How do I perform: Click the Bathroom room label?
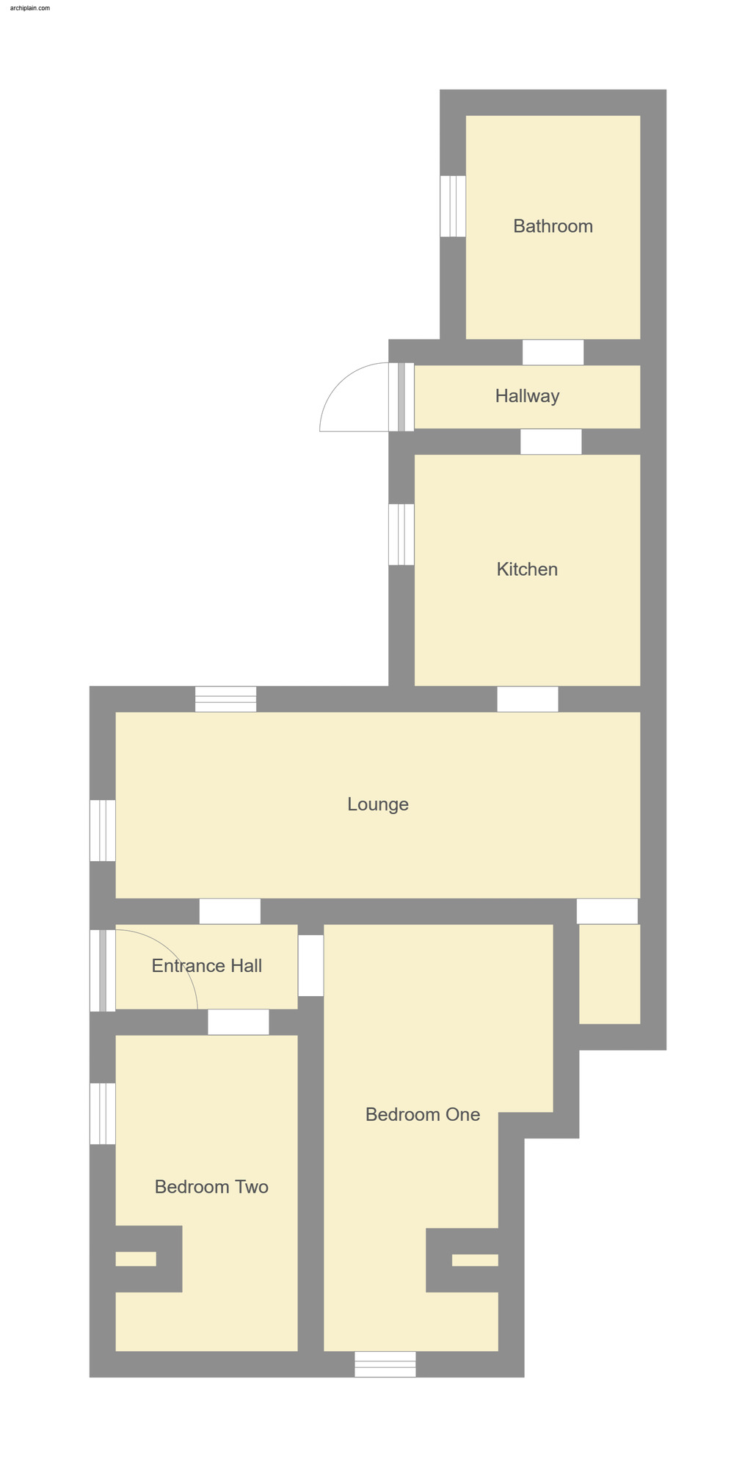553,226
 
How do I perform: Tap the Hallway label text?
527,396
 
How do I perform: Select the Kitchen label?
527,569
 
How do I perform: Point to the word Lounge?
378,804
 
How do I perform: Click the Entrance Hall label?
206,966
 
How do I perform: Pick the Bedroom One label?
423,1114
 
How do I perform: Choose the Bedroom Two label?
211,1187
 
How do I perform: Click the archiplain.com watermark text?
30,8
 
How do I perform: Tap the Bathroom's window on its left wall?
453,206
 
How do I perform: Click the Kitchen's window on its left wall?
401,534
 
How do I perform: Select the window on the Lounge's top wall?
226,699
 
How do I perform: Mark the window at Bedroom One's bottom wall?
385,1364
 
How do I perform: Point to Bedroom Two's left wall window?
103,1113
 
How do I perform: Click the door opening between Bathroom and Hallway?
553,352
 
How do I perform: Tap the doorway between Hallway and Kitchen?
551,442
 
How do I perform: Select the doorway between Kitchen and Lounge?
527,699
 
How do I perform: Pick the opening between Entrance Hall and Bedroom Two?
238,1022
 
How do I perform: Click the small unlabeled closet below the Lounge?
609,973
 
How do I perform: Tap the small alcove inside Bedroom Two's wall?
136,1259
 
